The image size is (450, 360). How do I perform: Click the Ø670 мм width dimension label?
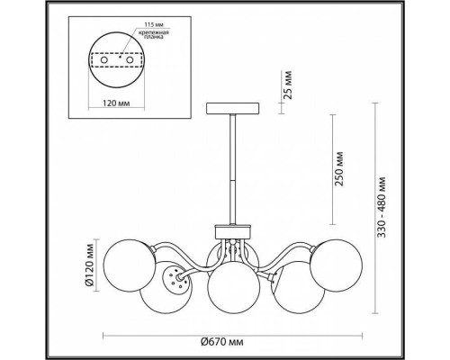221,342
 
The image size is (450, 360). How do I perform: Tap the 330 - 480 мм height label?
382,207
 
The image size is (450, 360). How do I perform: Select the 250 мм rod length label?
339,169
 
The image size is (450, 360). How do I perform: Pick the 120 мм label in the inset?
116,103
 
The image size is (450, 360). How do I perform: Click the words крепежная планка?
153,34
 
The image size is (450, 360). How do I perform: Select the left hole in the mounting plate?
104,60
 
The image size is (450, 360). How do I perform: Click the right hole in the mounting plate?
130,60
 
